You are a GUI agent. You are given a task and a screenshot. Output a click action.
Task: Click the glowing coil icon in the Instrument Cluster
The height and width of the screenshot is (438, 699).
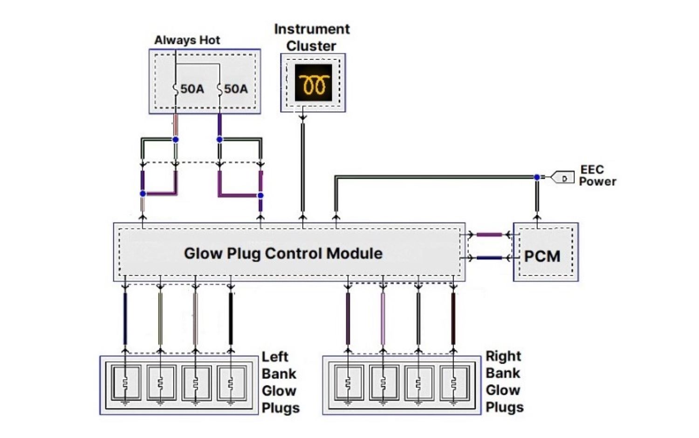click(313, 83)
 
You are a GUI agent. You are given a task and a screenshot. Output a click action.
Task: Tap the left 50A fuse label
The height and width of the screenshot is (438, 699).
click(192, 88)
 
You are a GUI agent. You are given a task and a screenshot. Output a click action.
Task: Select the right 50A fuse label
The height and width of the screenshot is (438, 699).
click(236, 88)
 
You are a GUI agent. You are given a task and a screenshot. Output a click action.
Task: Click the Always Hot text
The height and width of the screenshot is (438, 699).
click(187, 40)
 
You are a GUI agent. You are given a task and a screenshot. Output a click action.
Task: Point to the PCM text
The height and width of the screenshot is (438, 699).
click(542, 256)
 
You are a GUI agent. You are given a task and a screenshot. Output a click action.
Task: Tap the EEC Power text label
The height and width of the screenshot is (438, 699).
click(597, 175)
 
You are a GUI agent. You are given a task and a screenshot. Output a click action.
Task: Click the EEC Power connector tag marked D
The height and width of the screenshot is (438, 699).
click(563, 178)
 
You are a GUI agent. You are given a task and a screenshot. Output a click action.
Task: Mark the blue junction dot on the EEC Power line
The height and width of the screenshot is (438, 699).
click(537, 177)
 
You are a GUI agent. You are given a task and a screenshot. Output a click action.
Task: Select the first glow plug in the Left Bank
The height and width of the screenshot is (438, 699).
click(125, 383)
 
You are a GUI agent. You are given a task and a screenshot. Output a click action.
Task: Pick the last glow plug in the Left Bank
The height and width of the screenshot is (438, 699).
click(231, 383)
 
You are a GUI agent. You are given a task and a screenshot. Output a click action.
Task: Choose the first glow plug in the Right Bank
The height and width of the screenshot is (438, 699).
click(348, 383)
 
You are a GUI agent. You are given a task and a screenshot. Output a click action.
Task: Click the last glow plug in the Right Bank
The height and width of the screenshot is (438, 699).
click(453, 383)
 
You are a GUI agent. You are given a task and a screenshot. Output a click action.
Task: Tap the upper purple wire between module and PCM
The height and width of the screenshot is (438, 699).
click(489, 235)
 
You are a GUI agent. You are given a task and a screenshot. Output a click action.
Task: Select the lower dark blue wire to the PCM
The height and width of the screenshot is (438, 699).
click(489, 257)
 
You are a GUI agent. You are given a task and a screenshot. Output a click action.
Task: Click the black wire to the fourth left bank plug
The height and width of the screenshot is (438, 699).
click(231, 319)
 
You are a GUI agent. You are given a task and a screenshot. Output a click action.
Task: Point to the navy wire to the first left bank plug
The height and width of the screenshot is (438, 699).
click(125, 319)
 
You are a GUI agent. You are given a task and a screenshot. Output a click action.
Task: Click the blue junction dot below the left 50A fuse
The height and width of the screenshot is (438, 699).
click(175, 140)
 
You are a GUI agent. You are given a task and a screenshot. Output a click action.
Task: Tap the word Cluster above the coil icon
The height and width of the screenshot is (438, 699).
click(311, 46)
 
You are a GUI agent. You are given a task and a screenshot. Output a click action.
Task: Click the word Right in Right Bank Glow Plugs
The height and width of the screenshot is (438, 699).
click(503, 356)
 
